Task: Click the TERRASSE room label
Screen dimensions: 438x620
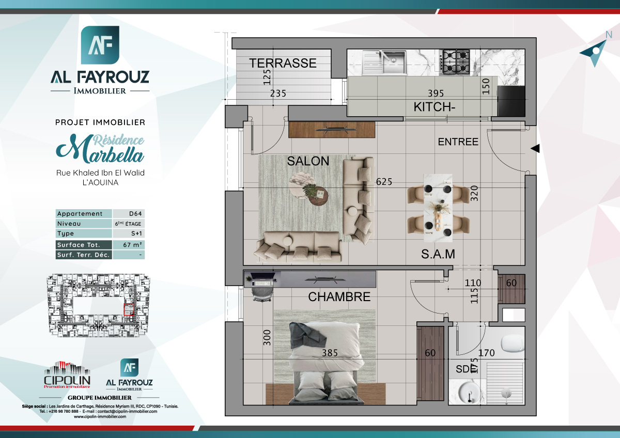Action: click(283, 63)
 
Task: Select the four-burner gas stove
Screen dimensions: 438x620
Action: click(455, 60)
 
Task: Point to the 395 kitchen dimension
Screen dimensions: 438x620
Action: click(436, 93)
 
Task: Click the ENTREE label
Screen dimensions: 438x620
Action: click(458, 142)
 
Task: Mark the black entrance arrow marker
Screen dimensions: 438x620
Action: click(535, 149)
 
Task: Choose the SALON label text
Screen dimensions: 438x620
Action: click(308, 161)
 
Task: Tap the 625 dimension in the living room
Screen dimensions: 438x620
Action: click(384, 182)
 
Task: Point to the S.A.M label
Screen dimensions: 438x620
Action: click(438, 254)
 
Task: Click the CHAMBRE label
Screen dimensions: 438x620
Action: click(339, 297)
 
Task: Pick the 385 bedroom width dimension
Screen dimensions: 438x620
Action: click(330, 353)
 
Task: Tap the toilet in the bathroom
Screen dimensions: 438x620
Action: click(513, 341)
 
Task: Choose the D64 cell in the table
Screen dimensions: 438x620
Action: click(129, 214)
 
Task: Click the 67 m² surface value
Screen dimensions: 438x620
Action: click(129, 245)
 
